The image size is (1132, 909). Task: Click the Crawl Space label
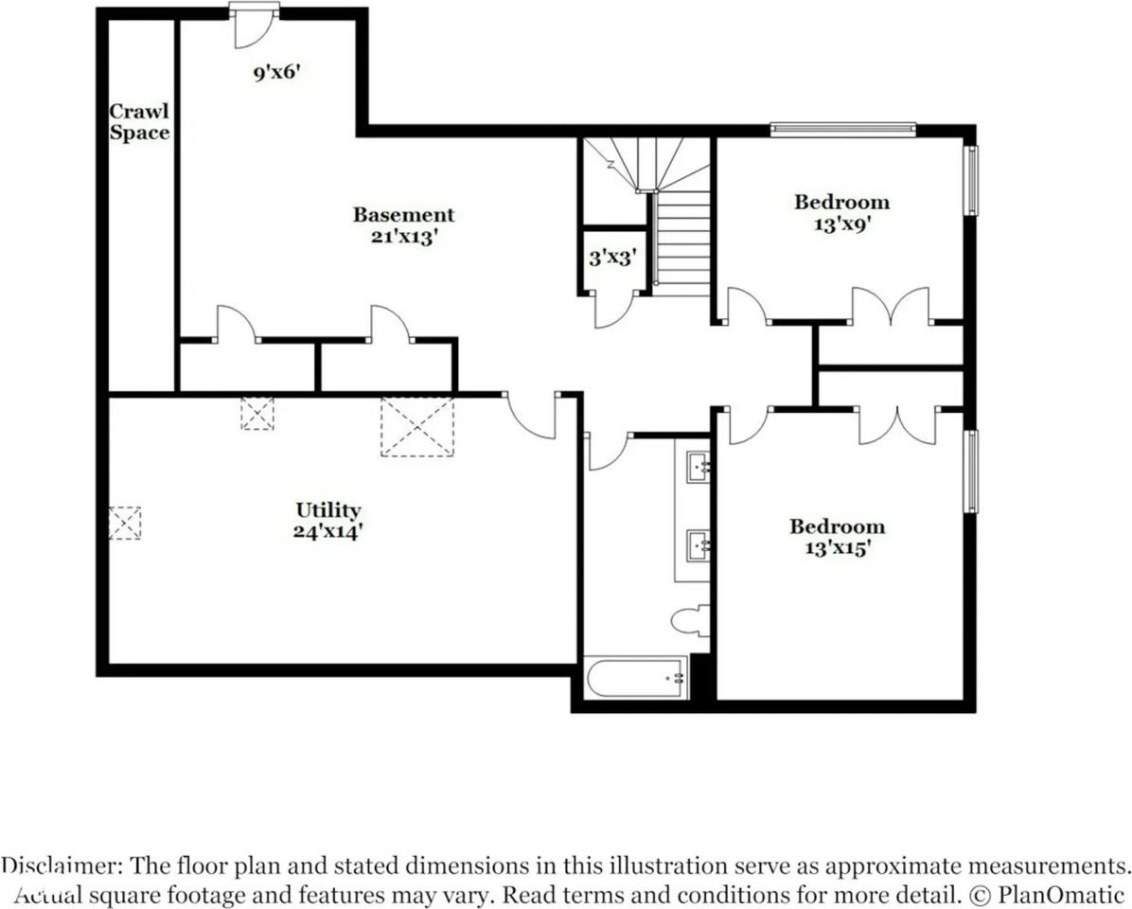139,122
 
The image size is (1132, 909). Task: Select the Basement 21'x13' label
403,225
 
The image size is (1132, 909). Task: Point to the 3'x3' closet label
612,257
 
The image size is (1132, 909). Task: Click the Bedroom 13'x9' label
841,212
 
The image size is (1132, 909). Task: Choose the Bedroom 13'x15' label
838,537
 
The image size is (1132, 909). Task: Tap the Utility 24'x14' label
327,521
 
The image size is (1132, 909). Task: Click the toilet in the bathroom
690,620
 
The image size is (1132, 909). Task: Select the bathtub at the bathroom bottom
636,678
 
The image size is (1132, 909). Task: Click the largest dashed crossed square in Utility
417,426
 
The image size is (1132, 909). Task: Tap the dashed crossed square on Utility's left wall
125,523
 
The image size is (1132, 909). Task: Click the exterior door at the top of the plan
254,26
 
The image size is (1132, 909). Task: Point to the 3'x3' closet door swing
613,311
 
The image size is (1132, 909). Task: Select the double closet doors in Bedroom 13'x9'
893,307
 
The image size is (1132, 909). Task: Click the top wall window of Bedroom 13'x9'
842,130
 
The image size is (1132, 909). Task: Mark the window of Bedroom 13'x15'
972,472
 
